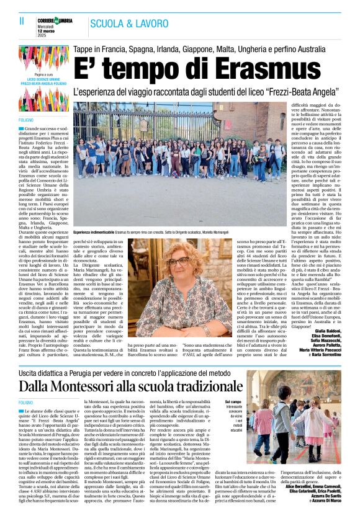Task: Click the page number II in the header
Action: pyautogui.click(x=13, y=21)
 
